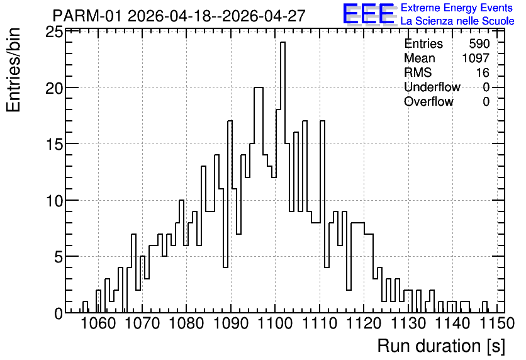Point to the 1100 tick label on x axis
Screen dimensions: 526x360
pyautogui.click(x=275, y=323)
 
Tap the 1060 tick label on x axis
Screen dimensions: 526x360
pyautogui.click(x=98, y=323)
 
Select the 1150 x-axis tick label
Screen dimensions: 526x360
pyautogui.click(x=497, y=323)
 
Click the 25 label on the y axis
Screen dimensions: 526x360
pyautogui.click(x=54, y=33)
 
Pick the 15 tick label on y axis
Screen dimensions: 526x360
pyautogui.click(x=54, y=145)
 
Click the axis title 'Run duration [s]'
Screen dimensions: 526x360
pyautogui.click(x=441, y=346)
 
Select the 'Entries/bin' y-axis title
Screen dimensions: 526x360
pyautogui.click(x=13, y=70)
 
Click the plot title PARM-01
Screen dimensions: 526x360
pyautogui.click(x=88, y=16)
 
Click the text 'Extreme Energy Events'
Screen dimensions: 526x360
pyautogui.click(x=457, y=8)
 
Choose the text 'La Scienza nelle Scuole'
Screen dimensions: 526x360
pyautogui.click(x=457, y=21)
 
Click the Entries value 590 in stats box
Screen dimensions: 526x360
pyautogui.click(x=479, y=43)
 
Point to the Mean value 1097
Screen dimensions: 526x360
pyautogui.click(x=476, y=58)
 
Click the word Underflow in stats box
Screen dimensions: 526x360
pyautogui.click(x=432, y=87)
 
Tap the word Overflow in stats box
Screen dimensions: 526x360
pyautogui.click(x=428, y=101)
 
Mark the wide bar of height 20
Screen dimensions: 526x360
pyautogui.click(x=259, y=200)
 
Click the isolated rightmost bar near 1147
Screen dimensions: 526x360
pyautogui.click(x=484, y=307)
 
